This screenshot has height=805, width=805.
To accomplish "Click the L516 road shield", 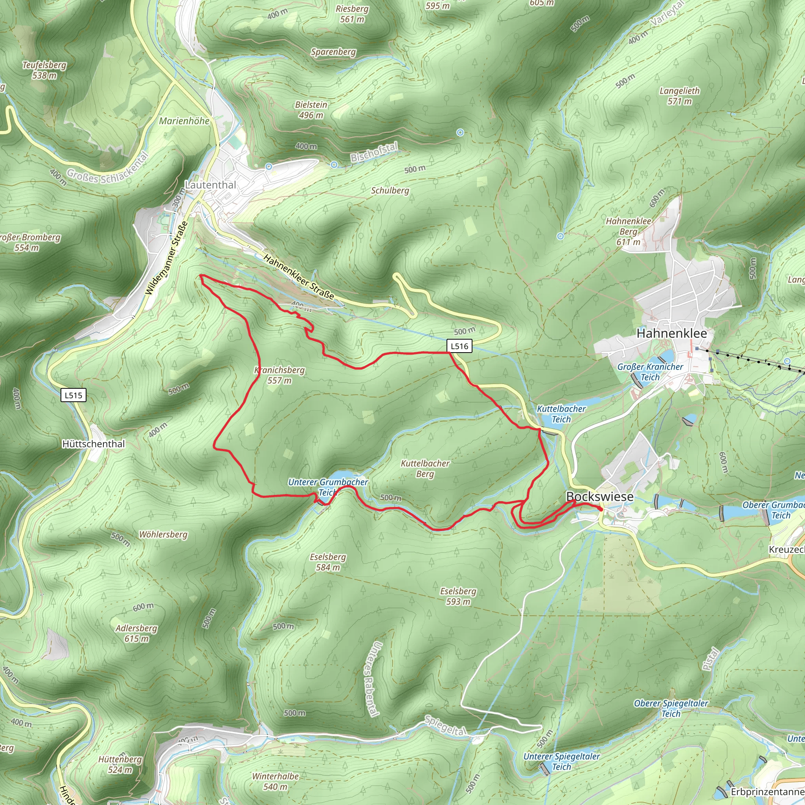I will click(x=459, y=346).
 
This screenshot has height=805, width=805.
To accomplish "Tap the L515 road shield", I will click(x=74, y=395).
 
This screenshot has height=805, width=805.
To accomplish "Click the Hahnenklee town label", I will click(x=672, y=333).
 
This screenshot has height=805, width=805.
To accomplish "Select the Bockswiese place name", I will click(x=599, y=496).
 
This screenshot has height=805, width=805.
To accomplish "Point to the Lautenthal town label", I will click(x=210, y=185).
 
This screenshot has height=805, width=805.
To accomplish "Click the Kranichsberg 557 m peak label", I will click(x=279, y=375).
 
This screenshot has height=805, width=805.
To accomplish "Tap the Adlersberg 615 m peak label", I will click(x=137, y=633).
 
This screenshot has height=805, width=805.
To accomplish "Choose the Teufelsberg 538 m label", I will click(x=44, y=70).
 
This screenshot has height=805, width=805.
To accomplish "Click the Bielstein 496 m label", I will click(x=311, y=110).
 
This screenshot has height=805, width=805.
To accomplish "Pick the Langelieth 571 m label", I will click(x=680, y=96).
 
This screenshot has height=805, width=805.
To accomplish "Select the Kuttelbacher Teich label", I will click(x=561, y=414).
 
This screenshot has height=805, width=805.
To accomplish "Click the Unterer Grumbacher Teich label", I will click(x=328, y=487).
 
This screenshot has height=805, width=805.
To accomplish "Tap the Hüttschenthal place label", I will click(x=93, y=444).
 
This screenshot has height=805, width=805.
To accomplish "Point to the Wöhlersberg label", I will click(x=164, y=535).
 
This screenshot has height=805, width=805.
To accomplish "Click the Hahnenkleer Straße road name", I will click(x=299, y=277).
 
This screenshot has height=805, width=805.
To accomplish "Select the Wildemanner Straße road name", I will click(x=166, y=258).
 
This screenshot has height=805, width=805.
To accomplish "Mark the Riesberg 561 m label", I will click(x=352, y=14).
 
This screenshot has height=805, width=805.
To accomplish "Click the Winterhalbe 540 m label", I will click(x=276, y=781).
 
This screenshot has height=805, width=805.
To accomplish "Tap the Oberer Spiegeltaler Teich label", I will click(x=671, y=708).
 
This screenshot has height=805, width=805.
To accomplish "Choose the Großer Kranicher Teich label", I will click(x=650, y=372).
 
